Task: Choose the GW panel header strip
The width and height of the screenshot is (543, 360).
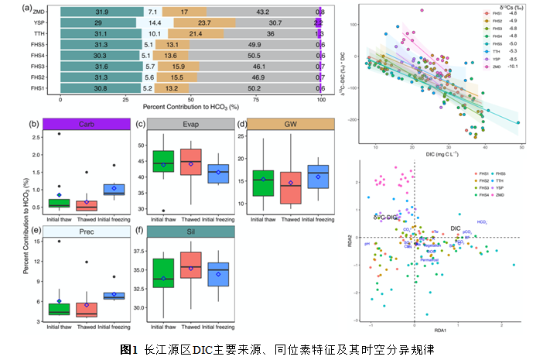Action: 291,124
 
